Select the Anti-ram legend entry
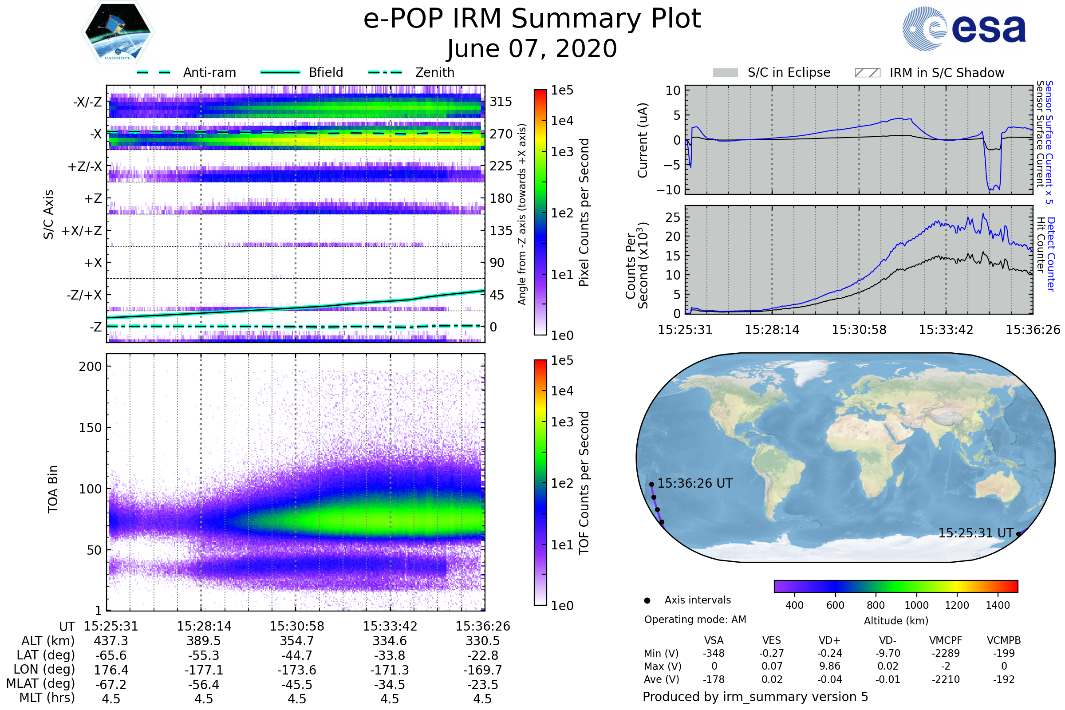pyautogui.click(x=209, y=72)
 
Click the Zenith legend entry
pyautogui.click(x=434, y=72)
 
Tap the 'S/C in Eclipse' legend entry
pyautogui.click(x=789, y=72)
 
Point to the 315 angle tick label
pyautogui.click(x=501, y=102)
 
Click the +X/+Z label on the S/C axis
pyautogui.click(x=82, y=231)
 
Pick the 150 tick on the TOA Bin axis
pyautogui.click(x=90, y=428)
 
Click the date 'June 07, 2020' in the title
pyautogui.click(x=532, y=49)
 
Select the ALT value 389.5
pyautogui.click(x=204, y=641)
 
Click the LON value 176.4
pyautogui.click(x=111, y=670)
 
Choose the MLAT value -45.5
pyautogui.click(x=296, y=684)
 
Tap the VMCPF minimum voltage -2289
pyautogui.click(x=946, y=653)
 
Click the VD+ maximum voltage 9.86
pyautogui.click(x=829, y=666)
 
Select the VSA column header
pyautogui.click(x=714, y=640)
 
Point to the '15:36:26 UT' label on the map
pyautogui.click(x=694, y=483)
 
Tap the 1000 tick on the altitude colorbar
pyautogui.click(x=916, y=605)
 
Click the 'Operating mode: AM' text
pyautogui.click(x=695, y=619)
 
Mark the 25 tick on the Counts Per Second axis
pyautogui.click(x=673, y=217)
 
